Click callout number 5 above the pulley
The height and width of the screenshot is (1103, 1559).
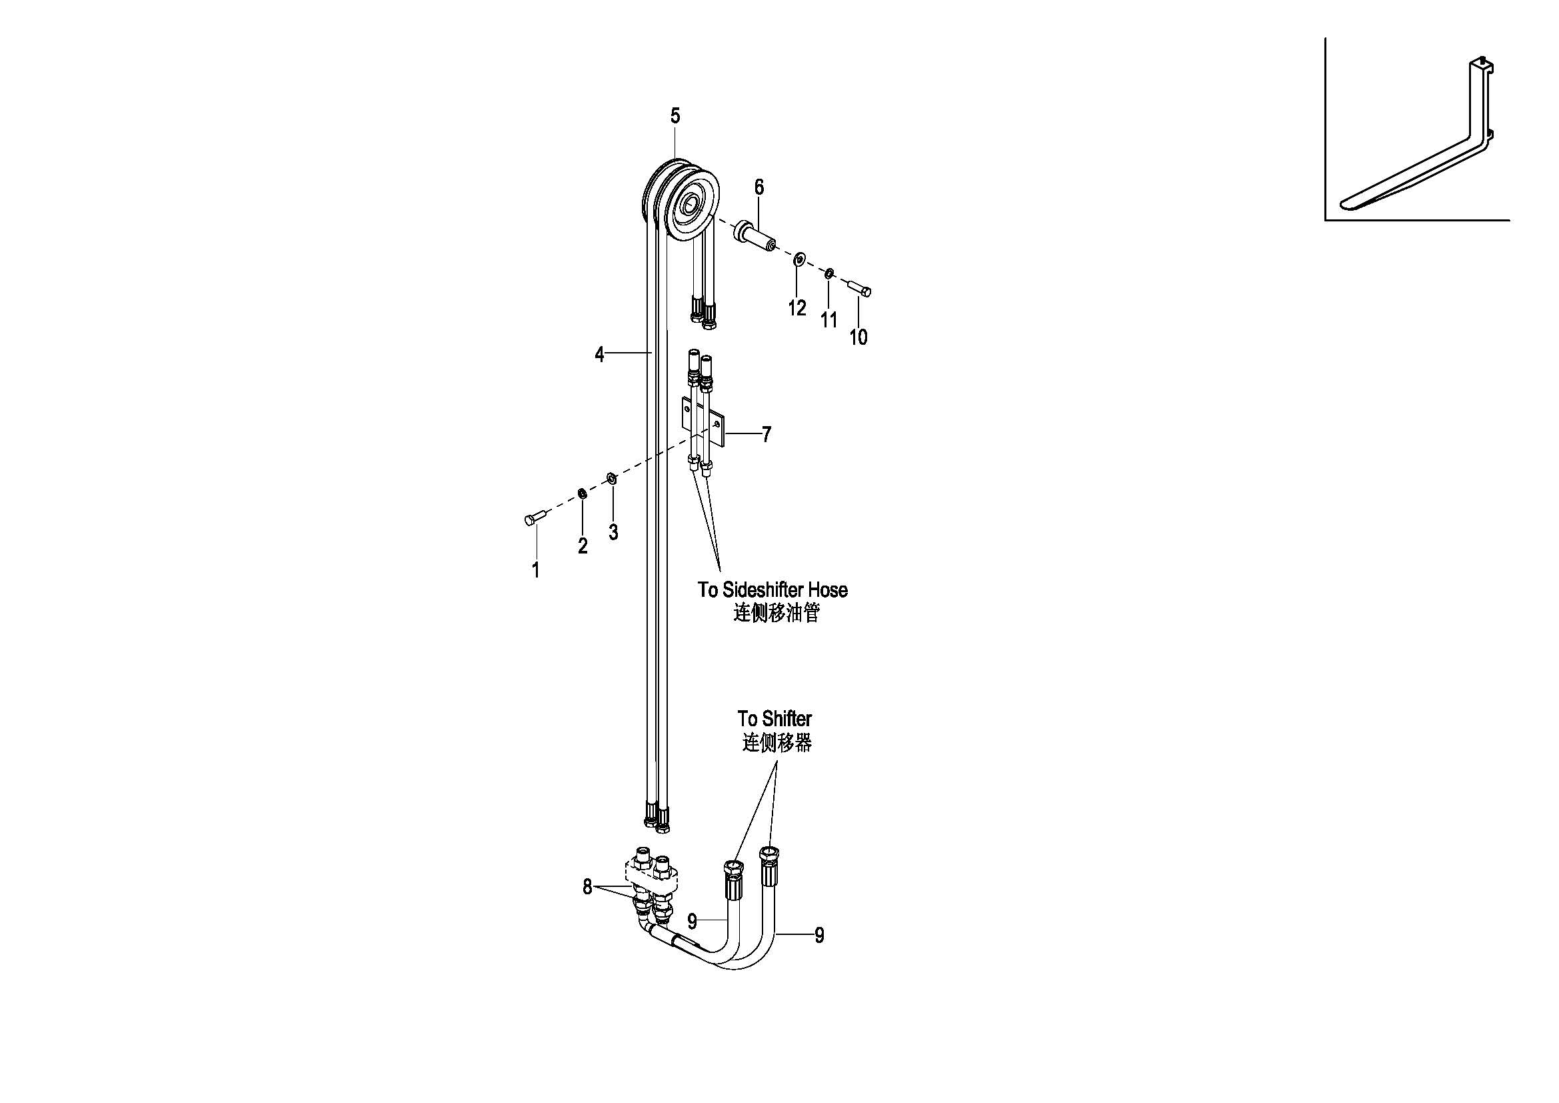tap(675, 116)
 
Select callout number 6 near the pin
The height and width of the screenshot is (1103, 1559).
tap(759, 187)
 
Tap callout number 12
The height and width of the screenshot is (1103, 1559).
tap(796, 308)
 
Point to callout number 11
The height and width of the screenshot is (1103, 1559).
tap(828, 320)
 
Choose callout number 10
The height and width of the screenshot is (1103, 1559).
tap(858, 337)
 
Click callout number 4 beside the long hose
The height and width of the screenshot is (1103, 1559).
tap(599, 354)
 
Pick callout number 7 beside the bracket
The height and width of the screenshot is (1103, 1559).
tap(767, 435)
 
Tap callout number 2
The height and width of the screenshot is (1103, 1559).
tap(583, 545)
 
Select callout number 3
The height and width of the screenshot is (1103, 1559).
tap(613, 532)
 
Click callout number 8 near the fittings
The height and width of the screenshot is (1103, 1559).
tap(587, 887)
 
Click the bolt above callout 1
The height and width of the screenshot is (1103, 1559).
tap(535, 519)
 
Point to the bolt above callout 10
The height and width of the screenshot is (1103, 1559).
tap(859, 288)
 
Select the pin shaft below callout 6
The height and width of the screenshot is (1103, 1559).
tap(755, 235)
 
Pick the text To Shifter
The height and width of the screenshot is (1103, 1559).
tap(775, 719)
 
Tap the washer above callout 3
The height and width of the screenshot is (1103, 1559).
tap(611, 479)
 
